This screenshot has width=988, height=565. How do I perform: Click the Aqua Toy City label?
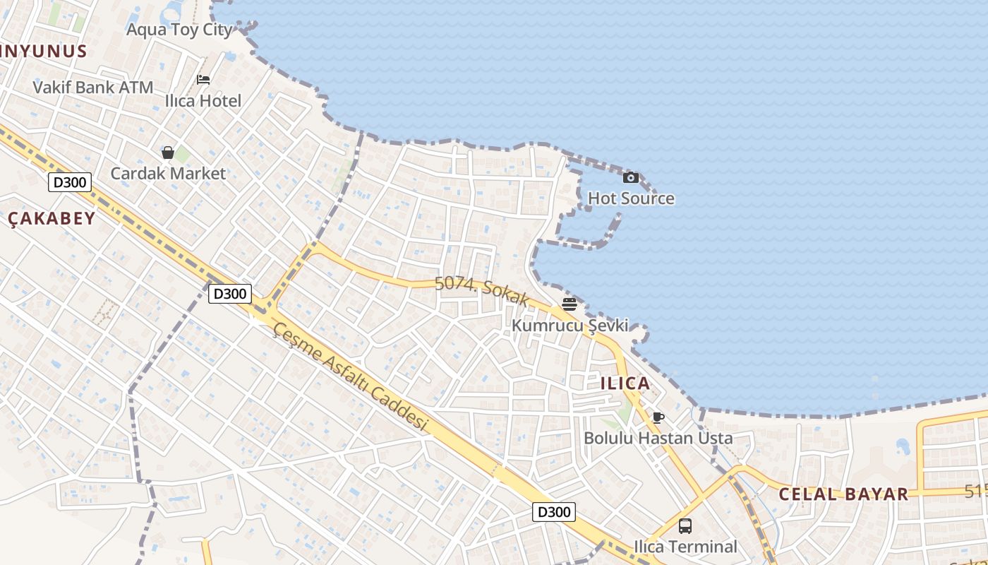[179, 30]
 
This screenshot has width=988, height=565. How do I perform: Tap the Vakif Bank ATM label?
[93, 88]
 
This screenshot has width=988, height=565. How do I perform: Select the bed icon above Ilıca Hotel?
[203, 79]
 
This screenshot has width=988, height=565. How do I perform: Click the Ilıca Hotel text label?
[203, 101]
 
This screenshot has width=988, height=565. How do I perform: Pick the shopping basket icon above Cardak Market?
[168, 153]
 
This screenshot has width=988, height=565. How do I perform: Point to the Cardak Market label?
[168, 174]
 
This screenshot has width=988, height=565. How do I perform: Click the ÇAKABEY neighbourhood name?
[52, 219]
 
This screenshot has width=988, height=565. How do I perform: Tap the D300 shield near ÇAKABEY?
[70, 182]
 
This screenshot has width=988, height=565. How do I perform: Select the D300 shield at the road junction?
[230, 293]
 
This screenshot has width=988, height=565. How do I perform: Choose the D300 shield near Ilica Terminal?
[554, 512]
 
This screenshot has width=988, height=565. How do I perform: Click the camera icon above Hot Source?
[631, 177]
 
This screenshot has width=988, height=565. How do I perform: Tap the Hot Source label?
[631, 198]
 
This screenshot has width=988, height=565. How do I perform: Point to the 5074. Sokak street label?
[481, 290]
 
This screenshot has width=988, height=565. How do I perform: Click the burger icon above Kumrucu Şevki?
[570, 304]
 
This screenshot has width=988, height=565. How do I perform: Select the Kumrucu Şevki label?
[570, 326]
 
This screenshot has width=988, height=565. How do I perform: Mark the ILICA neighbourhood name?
[625, 383]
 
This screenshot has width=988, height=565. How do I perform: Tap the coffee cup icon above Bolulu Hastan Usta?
[658, 417]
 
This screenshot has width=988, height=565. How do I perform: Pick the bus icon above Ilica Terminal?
[685, 525]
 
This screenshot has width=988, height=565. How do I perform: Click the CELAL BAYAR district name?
[843, 494]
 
